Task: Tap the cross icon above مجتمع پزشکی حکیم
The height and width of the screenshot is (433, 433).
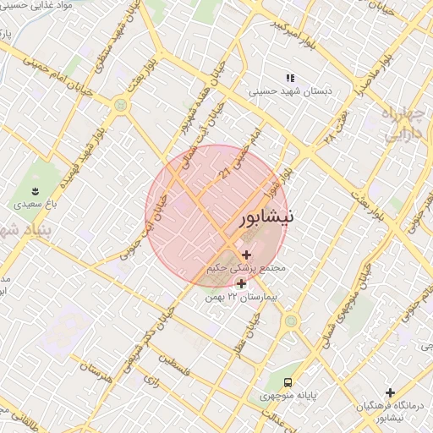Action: [x=246, y=255]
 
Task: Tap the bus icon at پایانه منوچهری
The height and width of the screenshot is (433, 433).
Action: [x=288, y=382]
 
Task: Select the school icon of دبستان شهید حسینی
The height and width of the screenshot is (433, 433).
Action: [x=290, y=78]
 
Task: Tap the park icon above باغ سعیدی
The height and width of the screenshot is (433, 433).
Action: [x=35, y=190]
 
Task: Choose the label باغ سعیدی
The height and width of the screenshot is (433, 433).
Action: [x=35, y=205]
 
